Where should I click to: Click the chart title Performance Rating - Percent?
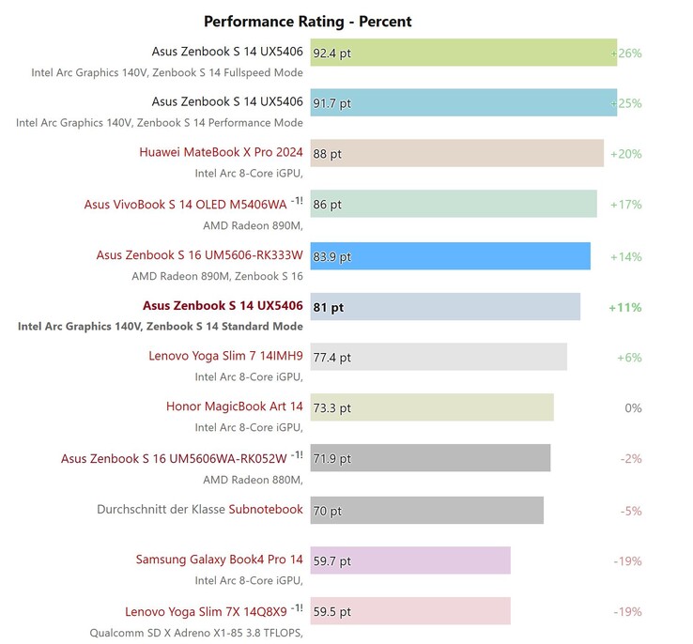[308, 22]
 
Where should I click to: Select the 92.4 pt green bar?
[463, 53]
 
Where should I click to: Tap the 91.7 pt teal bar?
[463, 102]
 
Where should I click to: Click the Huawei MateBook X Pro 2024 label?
[221, 152]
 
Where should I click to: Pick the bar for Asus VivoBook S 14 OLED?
[454, 204]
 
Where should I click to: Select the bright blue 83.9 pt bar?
[450, 255]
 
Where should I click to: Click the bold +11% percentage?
[624, 307]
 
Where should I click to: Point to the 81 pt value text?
[329, 307]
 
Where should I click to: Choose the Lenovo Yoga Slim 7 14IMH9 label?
[225, 356]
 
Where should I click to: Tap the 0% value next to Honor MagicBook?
[632, 408]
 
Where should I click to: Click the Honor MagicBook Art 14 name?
[234, 406]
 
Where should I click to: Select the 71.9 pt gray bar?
[430, 458]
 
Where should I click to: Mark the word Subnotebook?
[266, 510]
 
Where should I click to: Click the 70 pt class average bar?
[426, 510]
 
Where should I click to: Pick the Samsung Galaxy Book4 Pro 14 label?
[219, 560]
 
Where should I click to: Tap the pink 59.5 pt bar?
[410, 611]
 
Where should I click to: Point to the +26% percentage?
[626, 54]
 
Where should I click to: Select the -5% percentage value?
[630, 511]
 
